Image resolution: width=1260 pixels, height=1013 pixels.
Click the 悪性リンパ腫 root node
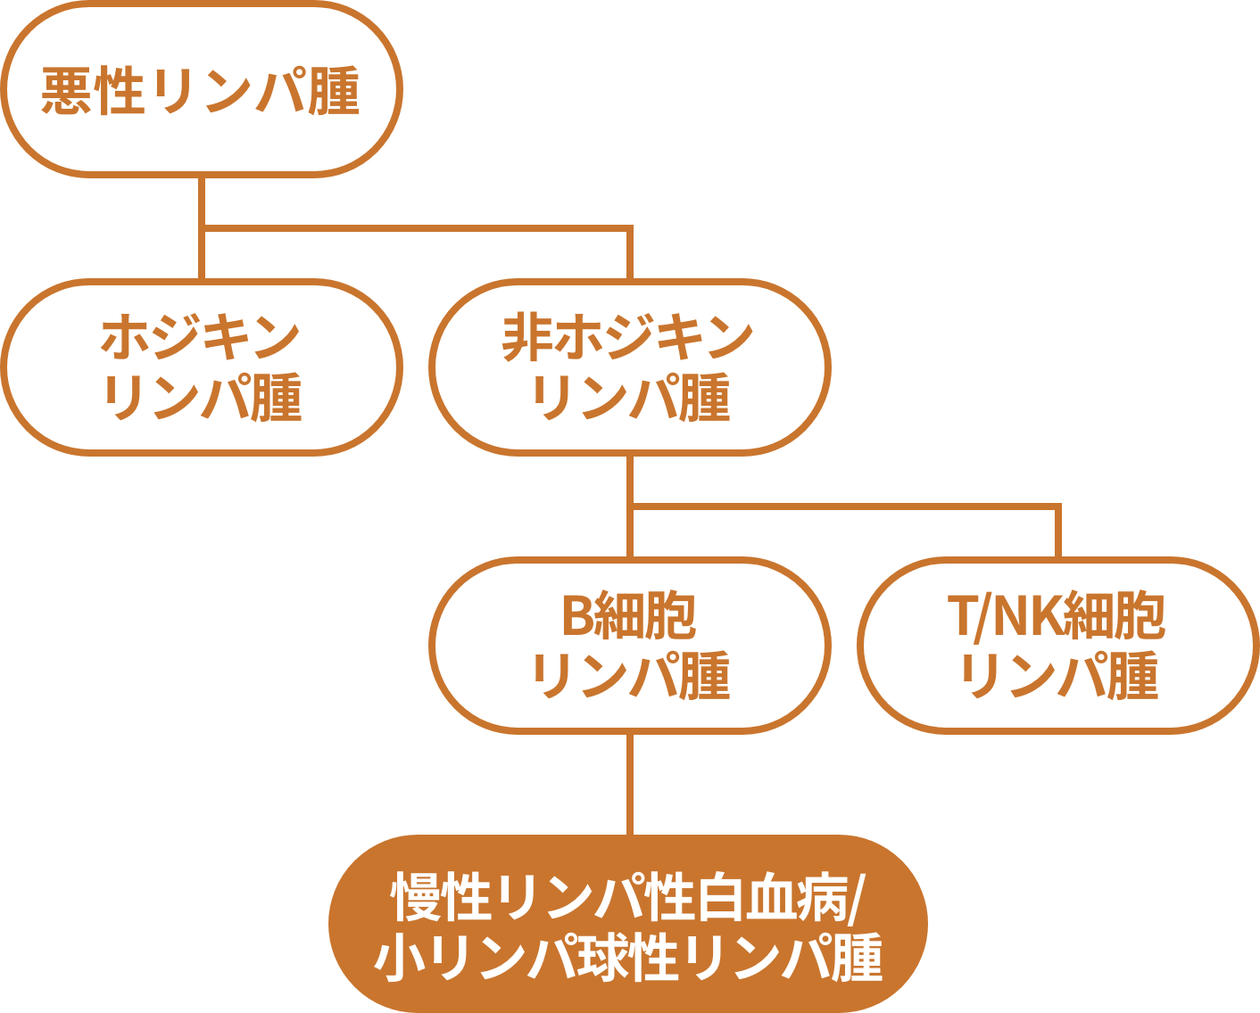coord(201,89)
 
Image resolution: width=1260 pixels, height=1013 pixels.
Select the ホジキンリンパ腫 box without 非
coord(201,366)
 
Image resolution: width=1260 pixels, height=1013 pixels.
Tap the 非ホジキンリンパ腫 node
coord(630,366)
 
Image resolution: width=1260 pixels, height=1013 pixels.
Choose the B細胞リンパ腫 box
coord(630,645)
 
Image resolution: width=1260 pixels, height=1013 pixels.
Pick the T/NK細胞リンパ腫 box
coord(1058,645)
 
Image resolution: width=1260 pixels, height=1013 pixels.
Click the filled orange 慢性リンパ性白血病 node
coord(628,924)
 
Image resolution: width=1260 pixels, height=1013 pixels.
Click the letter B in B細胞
coord(576,616)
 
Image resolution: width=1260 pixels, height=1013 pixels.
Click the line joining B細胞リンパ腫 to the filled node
coord(630,785)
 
